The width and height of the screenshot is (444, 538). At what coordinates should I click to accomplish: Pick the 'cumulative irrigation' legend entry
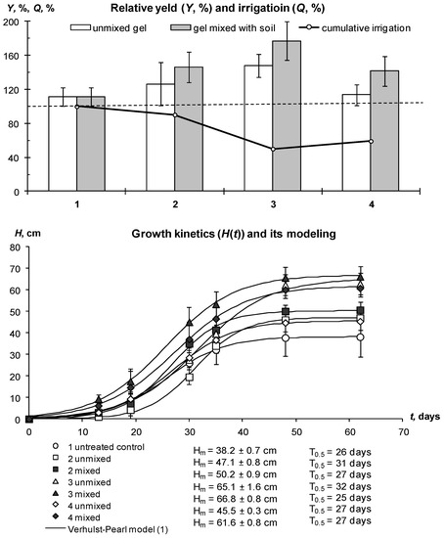pos(370,27)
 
